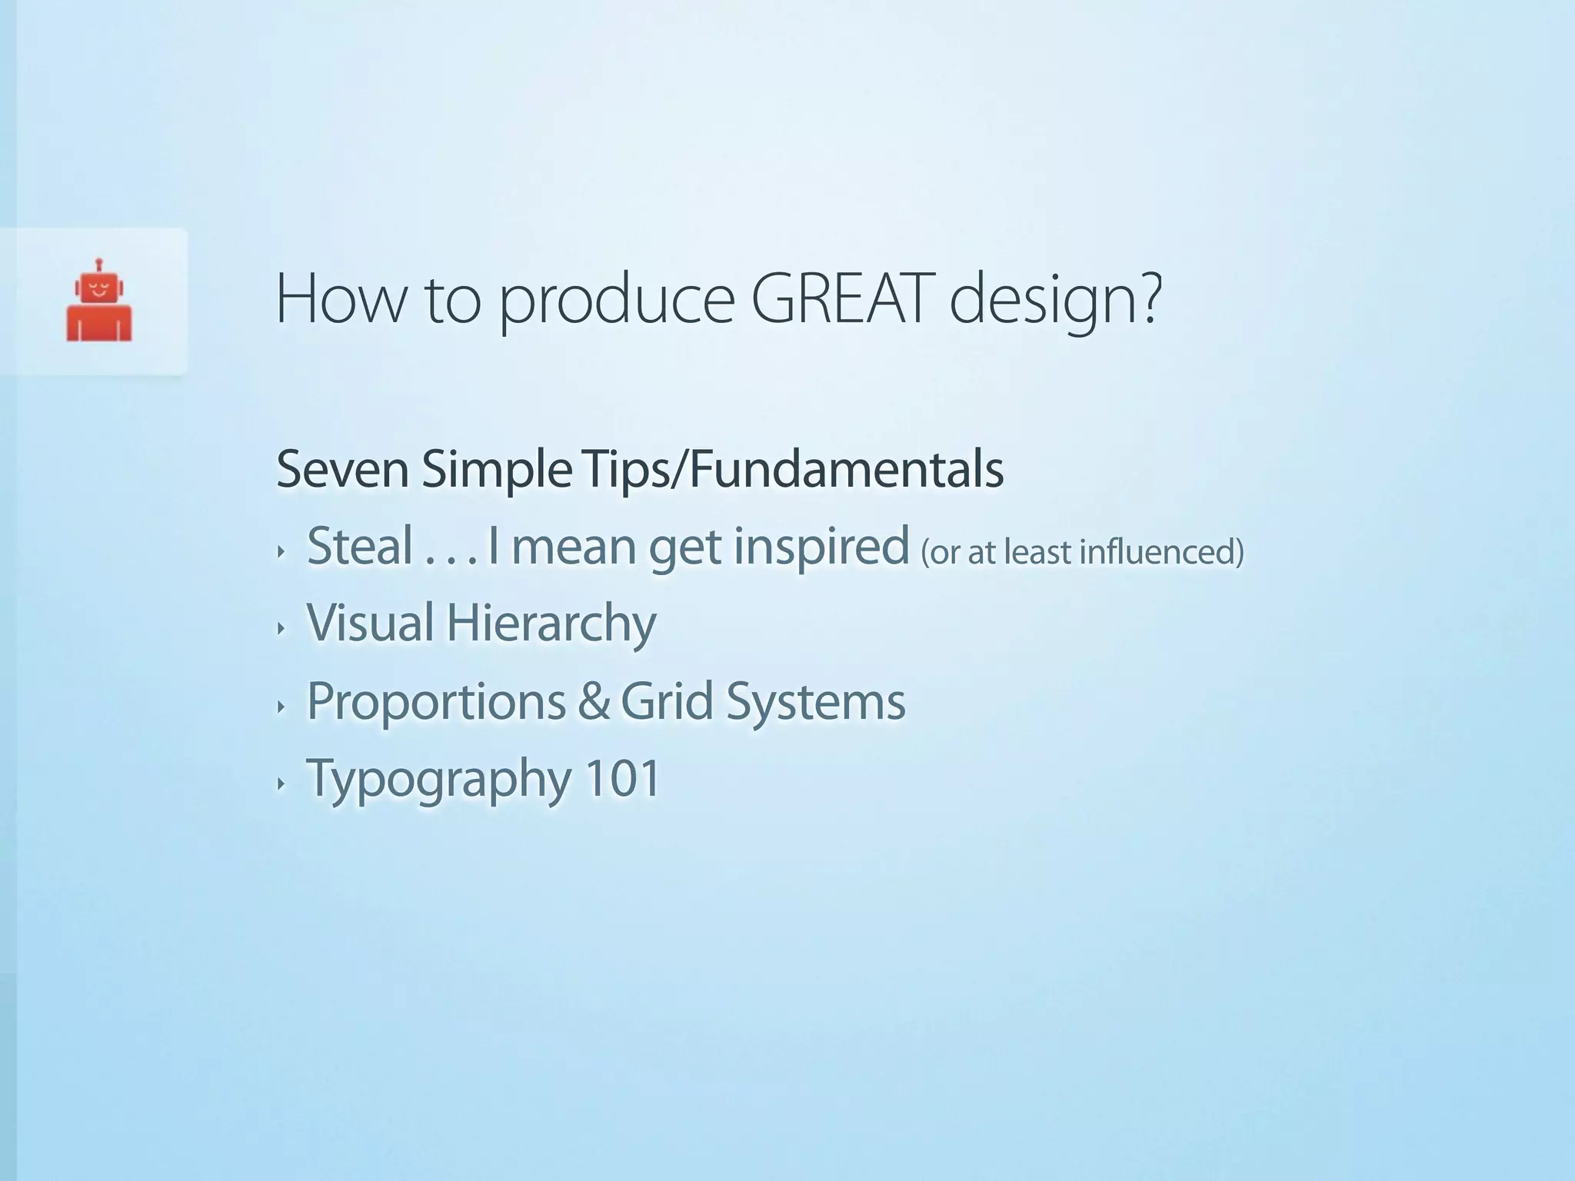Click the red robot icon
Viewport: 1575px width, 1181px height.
coord(99,301)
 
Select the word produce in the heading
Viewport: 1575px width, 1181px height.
coord(617,302)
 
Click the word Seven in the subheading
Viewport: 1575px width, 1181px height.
coord(342,469)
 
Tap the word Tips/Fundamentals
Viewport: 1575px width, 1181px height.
coord(793,469)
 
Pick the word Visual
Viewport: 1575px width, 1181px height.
coord(370,622)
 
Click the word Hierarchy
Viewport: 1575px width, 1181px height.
coord(551,624)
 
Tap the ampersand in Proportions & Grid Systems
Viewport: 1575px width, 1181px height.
coord(593,700)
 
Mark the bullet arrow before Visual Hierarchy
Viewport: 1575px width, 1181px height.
coord(281,629)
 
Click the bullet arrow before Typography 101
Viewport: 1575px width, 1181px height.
coord(281,784)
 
